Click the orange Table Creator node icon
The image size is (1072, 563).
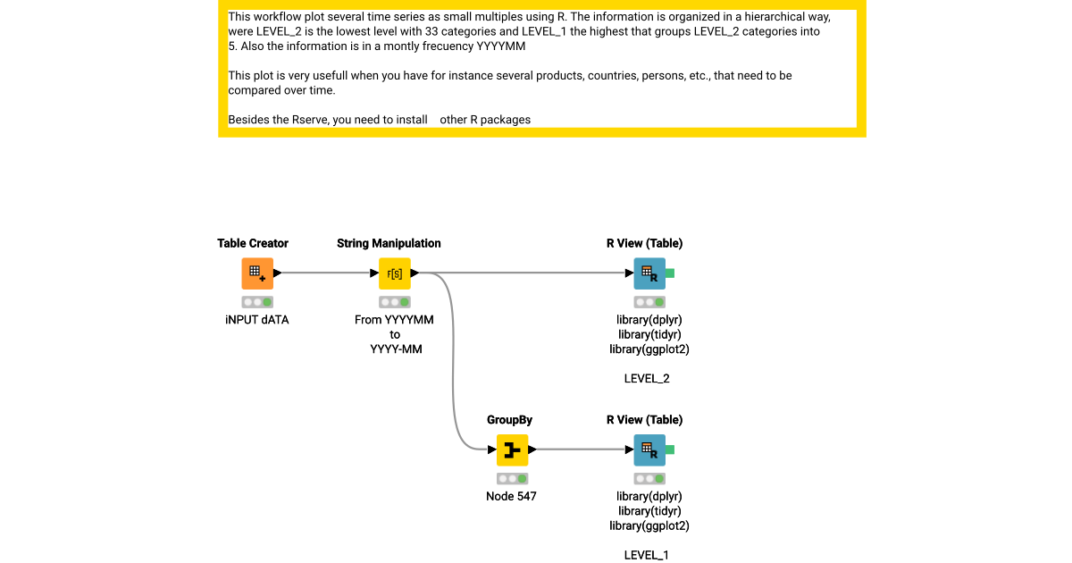256,273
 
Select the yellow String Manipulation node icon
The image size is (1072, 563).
394,273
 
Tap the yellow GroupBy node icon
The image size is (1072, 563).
512,450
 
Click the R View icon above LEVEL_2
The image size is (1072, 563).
649,273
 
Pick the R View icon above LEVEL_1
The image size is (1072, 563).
649,450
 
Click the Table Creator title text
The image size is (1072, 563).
253,243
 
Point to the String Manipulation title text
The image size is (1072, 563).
389,243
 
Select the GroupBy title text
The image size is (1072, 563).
509,419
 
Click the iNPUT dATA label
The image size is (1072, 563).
256,319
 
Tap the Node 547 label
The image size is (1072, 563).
511,496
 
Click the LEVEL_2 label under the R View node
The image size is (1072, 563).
647,379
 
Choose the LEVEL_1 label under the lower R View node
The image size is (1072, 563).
647,555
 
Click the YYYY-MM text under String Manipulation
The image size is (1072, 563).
395,349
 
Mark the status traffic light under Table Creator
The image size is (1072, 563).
256,302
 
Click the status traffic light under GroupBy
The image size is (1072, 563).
512,479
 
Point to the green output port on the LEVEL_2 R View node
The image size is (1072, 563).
670,273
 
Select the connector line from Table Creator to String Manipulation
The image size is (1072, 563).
327,273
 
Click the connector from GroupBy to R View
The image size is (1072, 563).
581,450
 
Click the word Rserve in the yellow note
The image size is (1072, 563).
310,119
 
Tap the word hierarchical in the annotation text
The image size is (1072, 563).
761,17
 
